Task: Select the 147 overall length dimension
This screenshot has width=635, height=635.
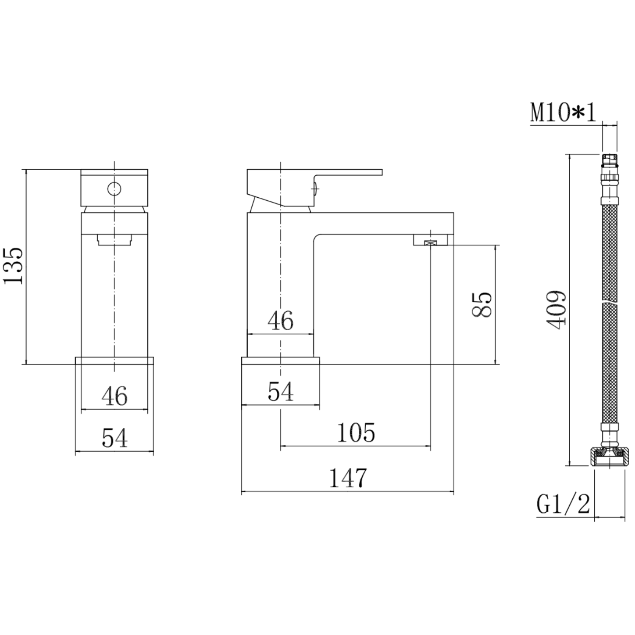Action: point(348,478)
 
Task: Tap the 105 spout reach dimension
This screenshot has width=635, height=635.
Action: point(356,432)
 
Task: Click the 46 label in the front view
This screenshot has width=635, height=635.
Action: point(115,396)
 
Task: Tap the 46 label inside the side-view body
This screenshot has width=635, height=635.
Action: point(280,320)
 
